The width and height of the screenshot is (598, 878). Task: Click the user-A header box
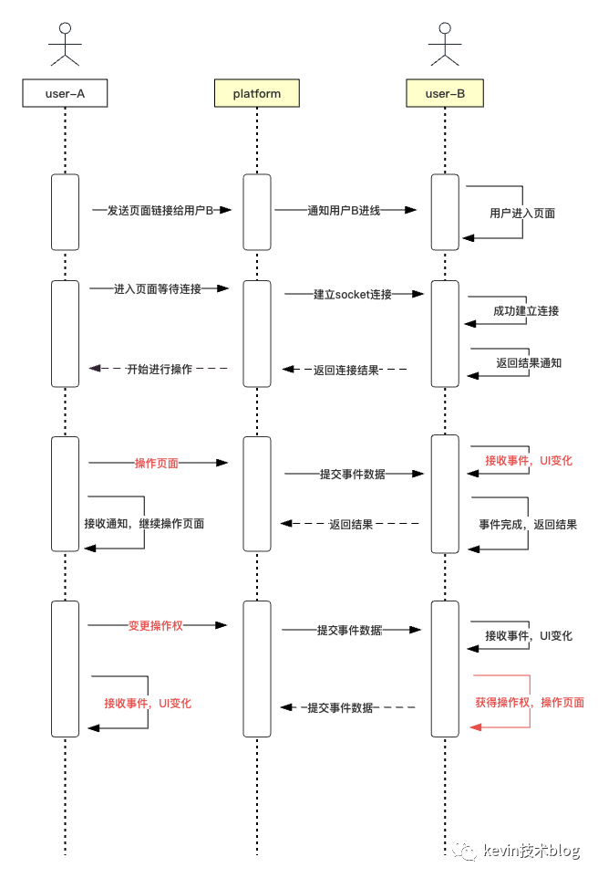tap(65, 93)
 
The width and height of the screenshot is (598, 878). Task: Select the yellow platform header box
tap(256, 93)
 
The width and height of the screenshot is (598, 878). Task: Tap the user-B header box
tap(444, 93)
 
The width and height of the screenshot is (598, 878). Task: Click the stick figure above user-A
tap(65, 44)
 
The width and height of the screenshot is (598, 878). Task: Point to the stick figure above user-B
tap(444, 44)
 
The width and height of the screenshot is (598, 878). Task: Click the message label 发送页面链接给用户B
tap(160, 210)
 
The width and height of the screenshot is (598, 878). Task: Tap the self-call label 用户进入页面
tap(522, 214)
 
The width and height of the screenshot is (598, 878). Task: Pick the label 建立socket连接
tap(353, 294)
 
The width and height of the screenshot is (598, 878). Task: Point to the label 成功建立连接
tap(526, 310)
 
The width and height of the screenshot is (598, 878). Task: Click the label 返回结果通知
tap(529, 362)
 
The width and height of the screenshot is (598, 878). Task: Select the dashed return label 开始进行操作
tap(160, 370)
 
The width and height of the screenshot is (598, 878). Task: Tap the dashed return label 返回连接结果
tap(345, 370)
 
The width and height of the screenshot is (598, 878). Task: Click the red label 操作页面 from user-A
tap(156, 464)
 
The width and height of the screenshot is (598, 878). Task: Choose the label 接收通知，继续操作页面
tap(144, 524)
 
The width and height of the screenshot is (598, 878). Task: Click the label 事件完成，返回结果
tap(528, 525)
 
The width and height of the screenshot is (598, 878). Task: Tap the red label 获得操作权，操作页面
tap(530, 703)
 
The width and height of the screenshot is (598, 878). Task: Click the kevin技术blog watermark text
tap(532, 851)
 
